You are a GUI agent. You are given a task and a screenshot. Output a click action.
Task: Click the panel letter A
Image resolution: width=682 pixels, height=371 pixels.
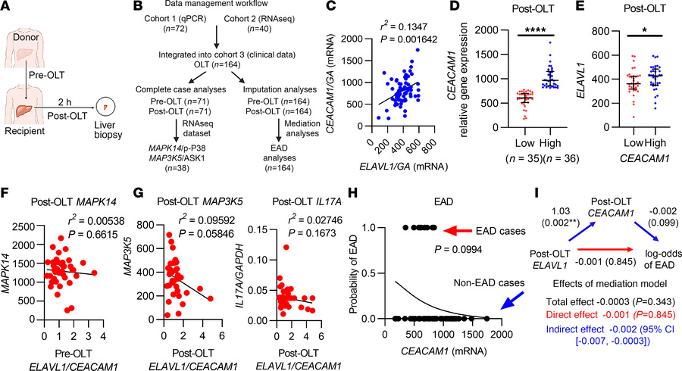(6, 8)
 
